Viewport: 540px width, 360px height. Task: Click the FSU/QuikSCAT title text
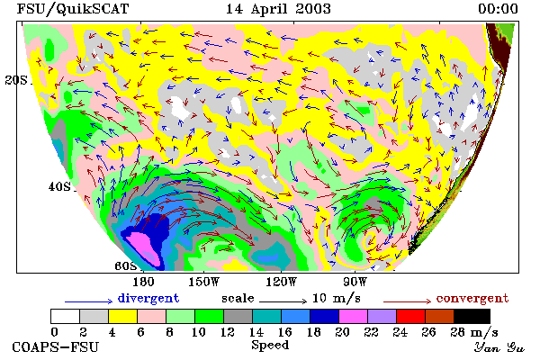[x=73, y=9]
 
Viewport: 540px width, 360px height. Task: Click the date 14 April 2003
[x=278, y=9]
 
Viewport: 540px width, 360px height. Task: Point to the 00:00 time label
[x=498, y=9]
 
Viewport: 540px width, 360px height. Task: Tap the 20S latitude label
[x=16, y=80]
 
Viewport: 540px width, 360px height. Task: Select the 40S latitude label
[x=59, y=186]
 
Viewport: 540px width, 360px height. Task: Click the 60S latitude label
[x=126, y=266]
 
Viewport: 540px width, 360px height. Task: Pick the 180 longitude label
[x=143, y=282]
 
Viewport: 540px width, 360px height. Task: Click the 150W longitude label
[x=204, y=282]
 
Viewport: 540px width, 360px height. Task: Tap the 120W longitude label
[x=282, y=282]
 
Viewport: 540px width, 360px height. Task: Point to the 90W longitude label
[x=355, y=282]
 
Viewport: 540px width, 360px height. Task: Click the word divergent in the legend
[x=148, y=298]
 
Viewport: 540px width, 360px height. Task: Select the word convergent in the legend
[x=472, y=298]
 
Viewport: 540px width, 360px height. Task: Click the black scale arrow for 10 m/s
[x=283, y=301]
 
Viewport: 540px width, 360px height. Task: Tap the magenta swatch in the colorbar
[x=354, y=316]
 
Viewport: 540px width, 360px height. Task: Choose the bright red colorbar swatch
[x=411, y=316]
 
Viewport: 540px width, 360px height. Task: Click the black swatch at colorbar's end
[x=472, y=316]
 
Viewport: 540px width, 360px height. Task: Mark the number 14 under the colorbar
[x=256, y=332]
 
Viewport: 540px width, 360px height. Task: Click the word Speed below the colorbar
[x=270, y=346]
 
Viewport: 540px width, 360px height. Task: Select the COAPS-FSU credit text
[x=56, y=347]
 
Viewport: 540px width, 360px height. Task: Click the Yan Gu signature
[x=499, y=347]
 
